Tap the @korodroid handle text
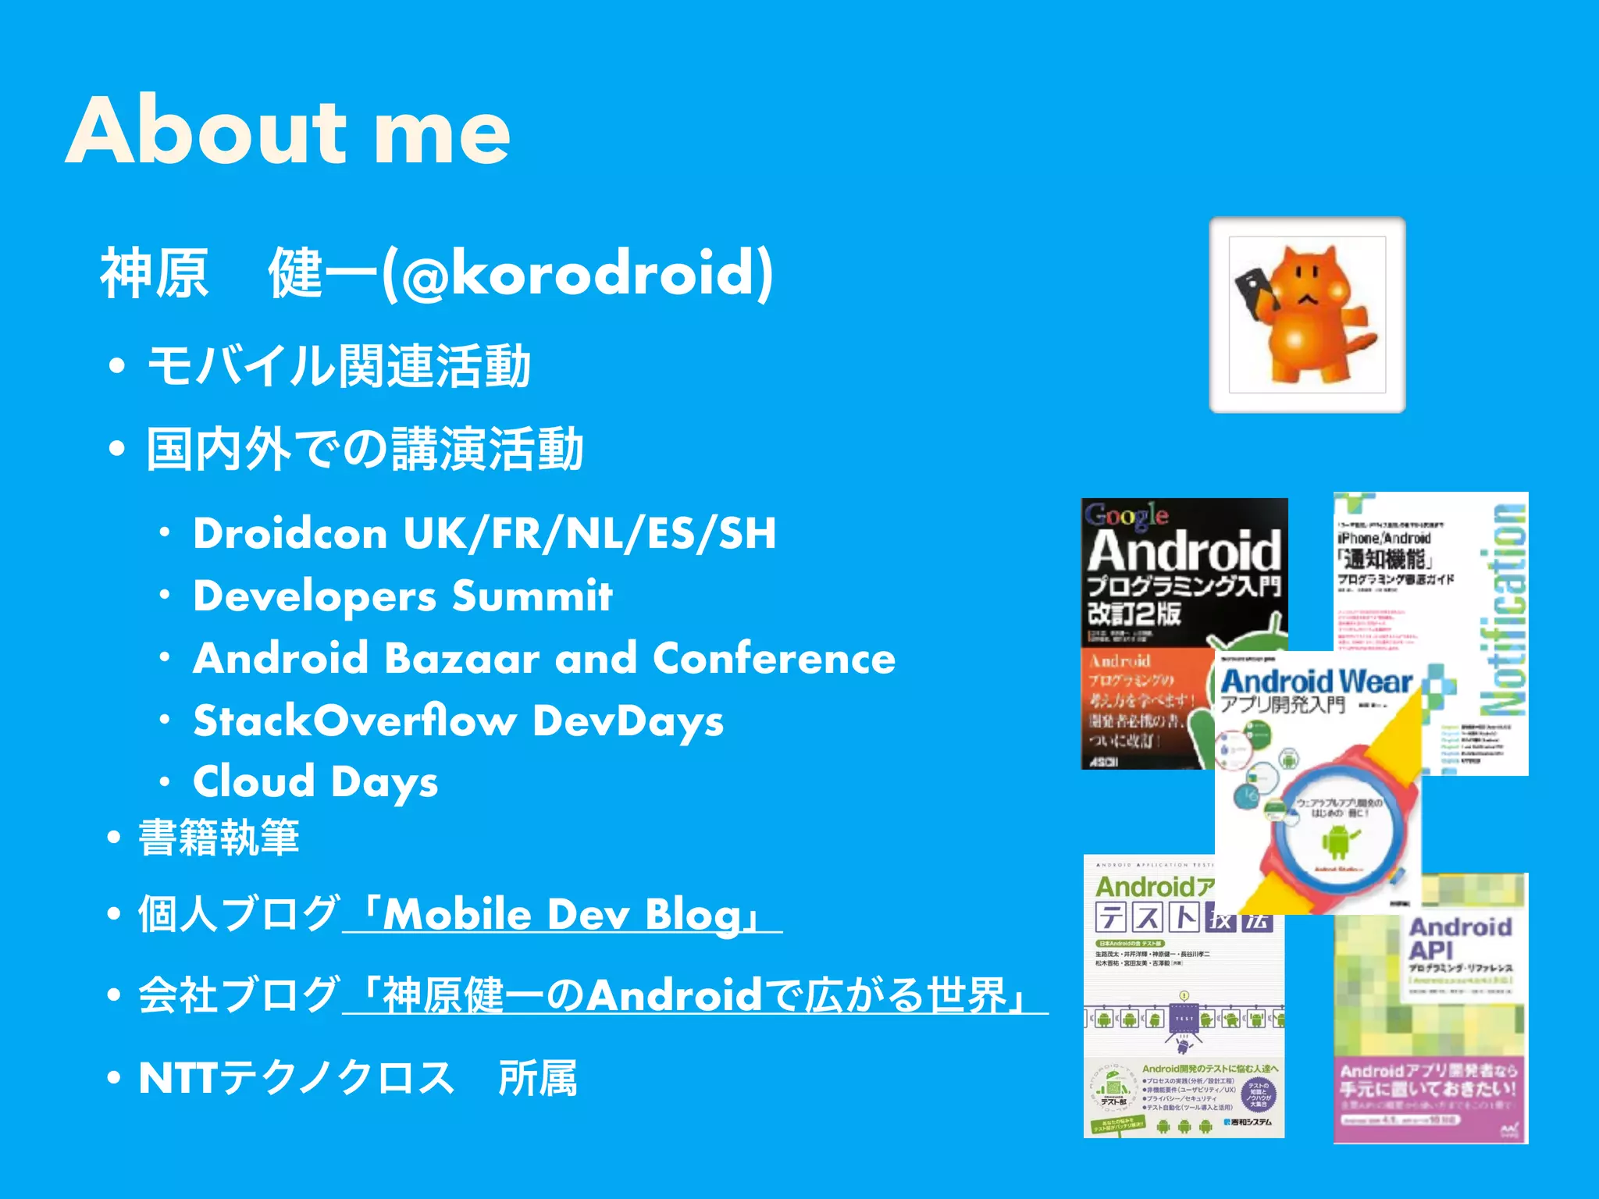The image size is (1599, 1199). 578,273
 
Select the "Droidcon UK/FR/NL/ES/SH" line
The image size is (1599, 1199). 484,533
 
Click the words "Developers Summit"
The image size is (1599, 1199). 403,596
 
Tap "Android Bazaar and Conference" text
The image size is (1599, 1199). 544,658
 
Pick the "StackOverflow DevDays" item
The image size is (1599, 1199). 458,720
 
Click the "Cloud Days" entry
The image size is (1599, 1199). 315,781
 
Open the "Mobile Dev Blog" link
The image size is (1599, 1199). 562,914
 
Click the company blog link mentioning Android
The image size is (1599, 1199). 695,995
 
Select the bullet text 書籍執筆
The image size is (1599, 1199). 219,838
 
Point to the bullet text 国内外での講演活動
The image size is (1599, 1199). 365,449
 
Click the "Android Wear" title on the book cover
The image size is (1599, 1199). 1316,681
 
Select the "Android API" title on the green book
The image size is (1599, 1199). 1458,938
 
